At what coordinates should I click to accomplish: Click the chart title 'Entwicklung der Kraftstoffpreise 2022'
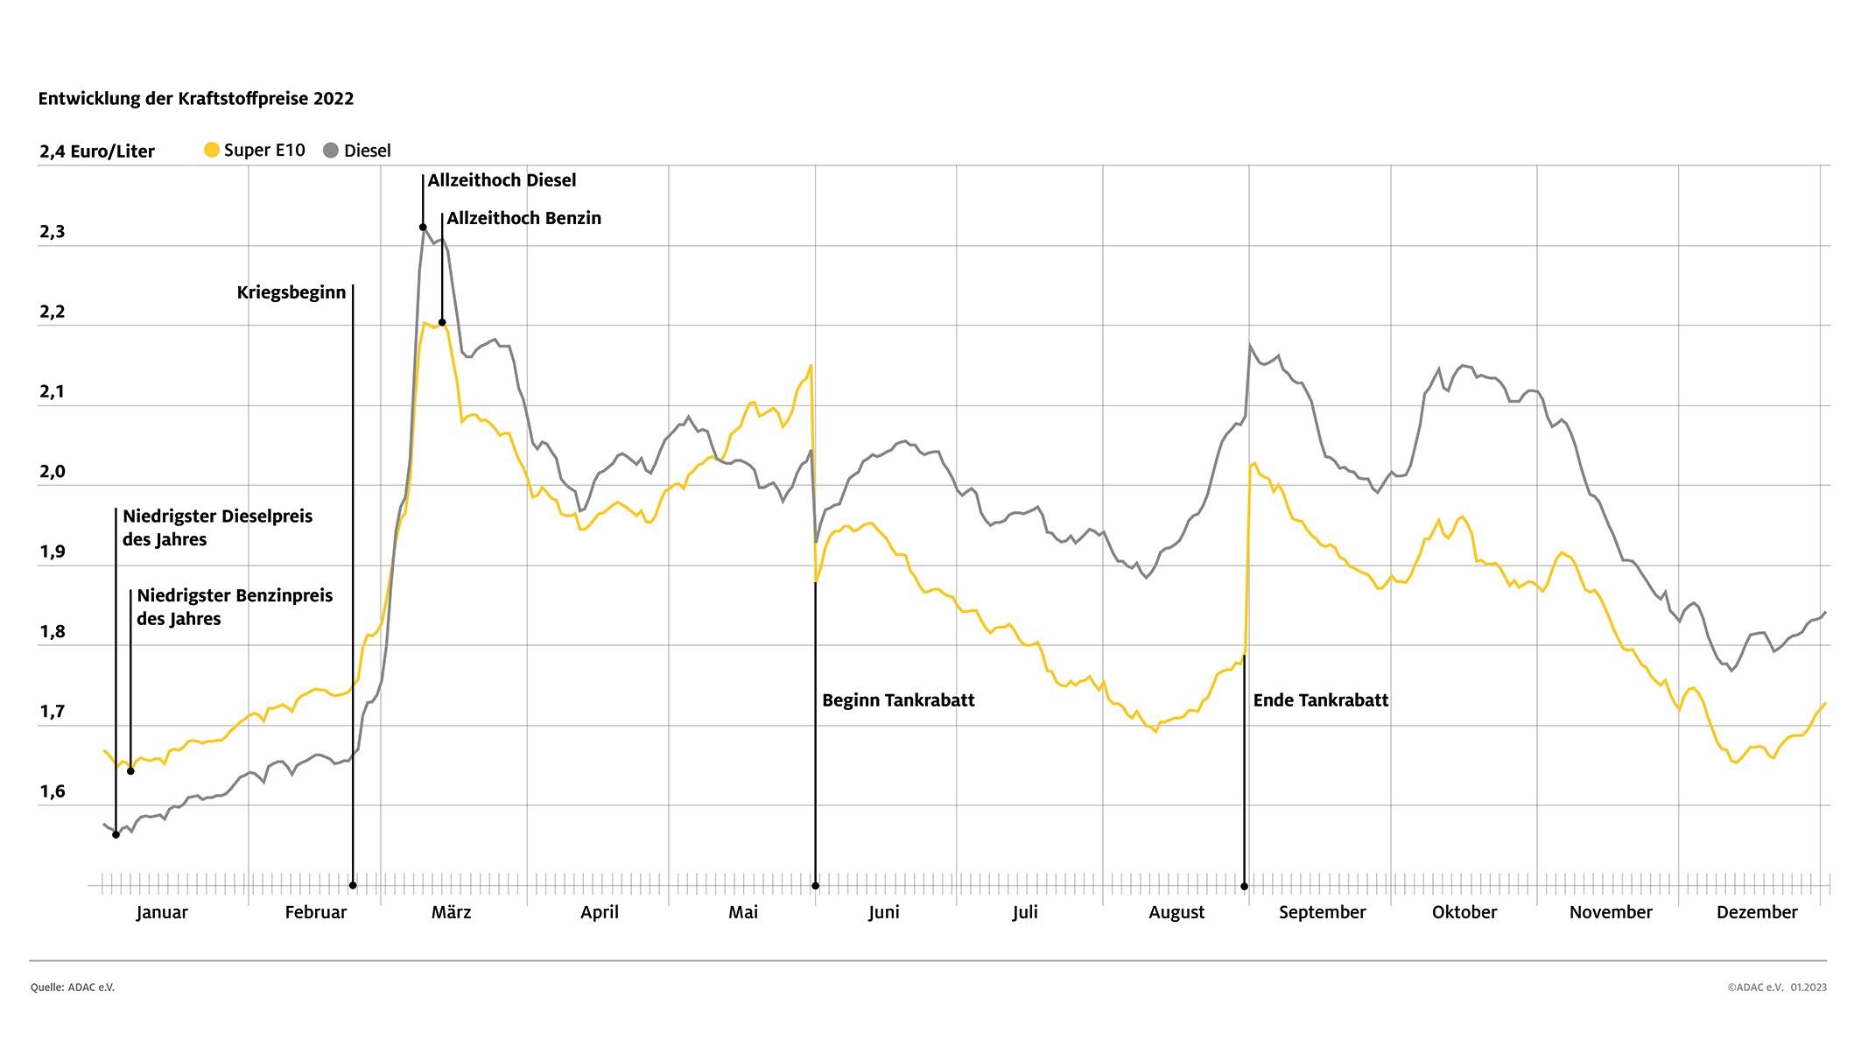196,99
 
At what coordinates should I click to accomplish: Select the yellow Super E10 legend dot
211,150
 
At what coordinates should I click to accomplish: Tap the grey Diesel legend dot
331,151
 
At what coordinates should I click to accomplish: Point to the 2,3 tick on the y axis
53,233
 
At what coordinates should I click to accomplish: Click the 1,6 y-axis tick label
53,792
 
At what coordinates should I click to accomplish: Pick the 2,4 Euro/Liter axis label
97,151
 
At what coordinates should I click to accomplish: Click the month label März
451,912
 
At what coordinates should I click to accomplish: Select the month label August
1176,912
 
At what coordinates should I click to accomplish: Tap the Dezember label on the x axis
1756,912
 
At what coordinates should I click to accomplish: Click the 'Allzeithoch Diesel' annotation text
502,180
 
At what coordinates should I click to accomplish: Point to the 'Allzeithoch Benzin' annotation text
523,218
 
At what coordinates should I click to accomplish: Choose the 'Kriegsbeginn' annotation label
291,292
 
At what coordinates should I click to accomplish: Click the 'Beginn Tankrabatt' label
898,700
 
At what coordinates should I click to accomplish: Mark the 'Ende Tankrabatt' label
1321,700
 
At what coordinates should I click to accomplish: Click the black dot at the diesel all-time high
423,228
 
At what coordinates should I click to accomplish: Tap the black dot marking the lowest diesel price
116,835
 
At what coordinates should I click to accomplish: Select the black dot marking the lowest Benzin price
130,771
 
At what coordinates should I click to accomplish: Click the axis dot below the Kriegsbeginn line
353,885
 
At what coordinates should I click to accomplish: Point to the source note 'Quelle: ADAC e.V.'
73,987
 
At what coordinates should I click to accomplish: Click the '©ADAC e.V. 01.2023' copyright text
1777,987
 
